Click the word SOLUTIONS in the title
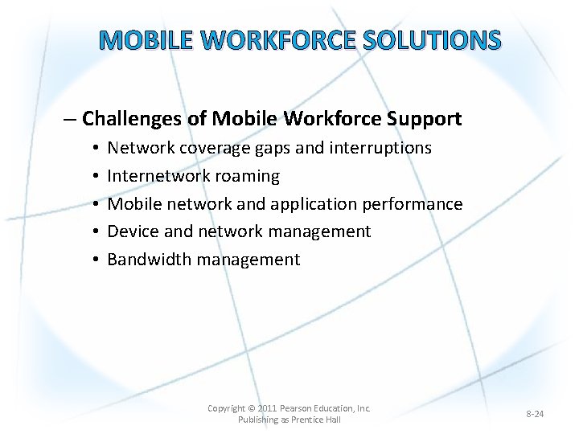[433, 39]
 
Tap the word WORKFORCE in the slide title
[278, 39]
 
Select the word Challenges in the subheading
[133, 119]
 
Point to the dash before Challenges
[70, 120]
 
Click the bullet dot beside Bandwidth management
[95, 260]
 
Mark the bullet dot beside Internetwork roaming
[95, 176]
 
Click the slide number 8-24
[535, 414]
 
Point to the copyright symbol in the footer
[252, 408]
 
